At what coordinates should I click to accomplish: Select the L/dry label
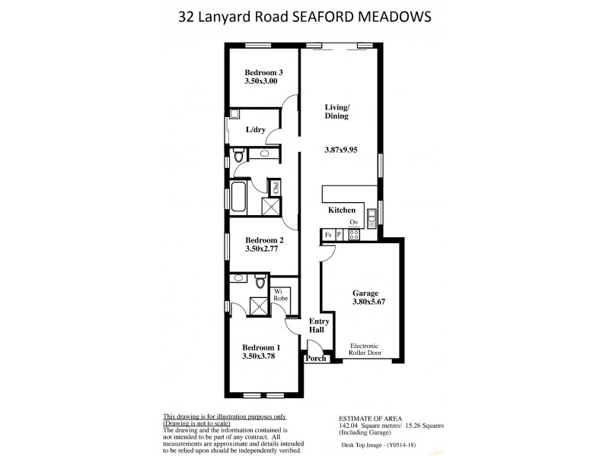(255, 130)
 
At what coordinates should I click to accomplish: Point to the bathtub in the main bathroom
(238, 197)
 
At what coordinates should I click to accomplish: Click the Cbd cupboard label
(276, 187)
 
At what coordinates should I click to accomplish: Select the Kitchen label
(342, 209)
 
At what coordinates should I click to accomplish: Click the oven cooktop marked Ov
(354, 234)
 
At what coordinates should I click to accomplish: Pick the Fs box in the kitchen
(327, 236)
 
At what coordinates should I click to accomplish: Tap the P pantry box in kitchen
(339, 236)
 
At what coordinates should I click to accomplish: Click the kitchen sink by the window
(371, 218)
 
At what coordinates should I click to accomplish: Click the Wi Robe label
(279, 294)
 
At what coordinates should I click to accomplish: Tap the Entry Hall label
(317, 325)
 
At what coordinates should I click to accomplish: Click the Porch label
(316, 359)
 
